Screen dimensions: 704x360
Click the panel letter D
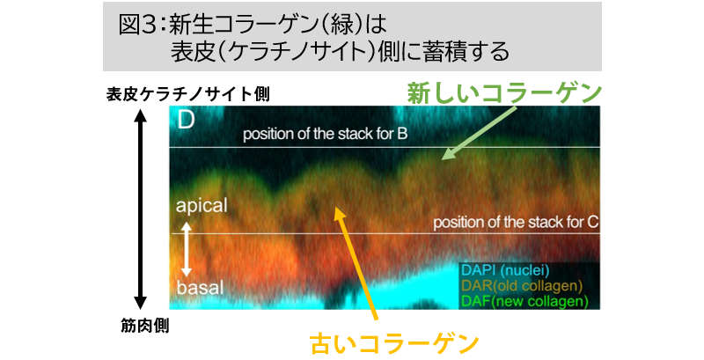coord(186,120)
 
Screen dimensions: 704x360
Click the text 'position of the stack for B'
coord(325,134)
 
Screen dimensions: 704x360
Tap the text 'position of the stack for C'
coord(516,223)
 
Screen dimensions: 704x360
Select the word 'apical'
coord(202,206)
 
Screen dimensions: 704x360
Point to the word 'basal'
coord(200,287)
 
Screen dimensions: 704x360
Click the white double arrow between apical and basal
coord(187,249)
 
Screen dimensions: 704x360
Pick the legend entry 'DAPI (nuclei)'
coord(505,270)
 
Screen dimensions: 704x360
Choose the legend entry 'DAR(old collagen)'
coord(522,285)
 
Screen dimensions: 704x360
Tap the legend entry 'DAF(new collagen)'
coord(524,301)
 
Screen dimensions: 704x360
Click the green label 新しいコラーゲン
coord(503,94)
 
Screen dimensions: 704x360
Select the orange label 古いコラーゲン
coord(394,344)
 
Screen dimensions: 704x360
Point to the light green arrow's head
coord(444,158)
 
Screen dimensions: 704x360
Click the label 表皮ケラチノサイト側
coord(187,94)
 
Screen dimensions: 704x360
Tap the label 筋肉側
coord(144,326)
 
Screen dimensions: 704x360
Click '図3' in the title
coord(136,26)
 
